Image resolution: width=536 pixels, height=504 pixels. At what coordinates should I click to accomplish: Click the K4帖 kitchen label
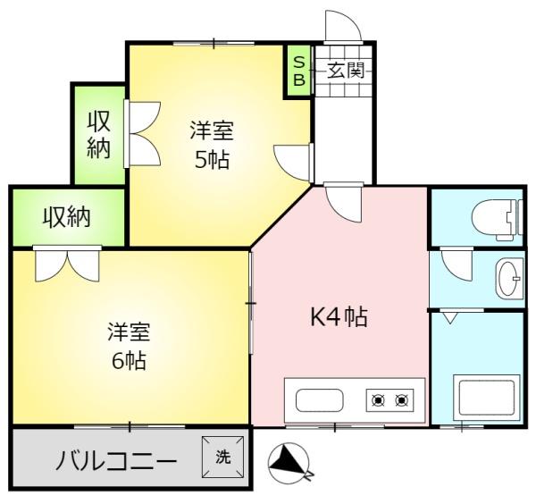tap(339, 317)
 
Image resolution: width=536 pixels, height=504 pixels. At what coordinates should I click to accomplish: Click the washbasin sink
tap(510, 278)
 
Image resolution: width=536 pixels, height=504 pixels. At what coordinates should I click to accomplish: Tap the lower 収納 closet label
tap(70, 216)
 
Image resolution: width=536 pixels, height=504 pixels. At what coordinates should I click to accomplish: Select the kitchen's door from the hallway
tap(342, 200)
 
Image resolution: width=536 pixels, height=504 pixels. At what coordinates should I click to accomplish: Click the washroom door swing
tap(456, 265)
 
